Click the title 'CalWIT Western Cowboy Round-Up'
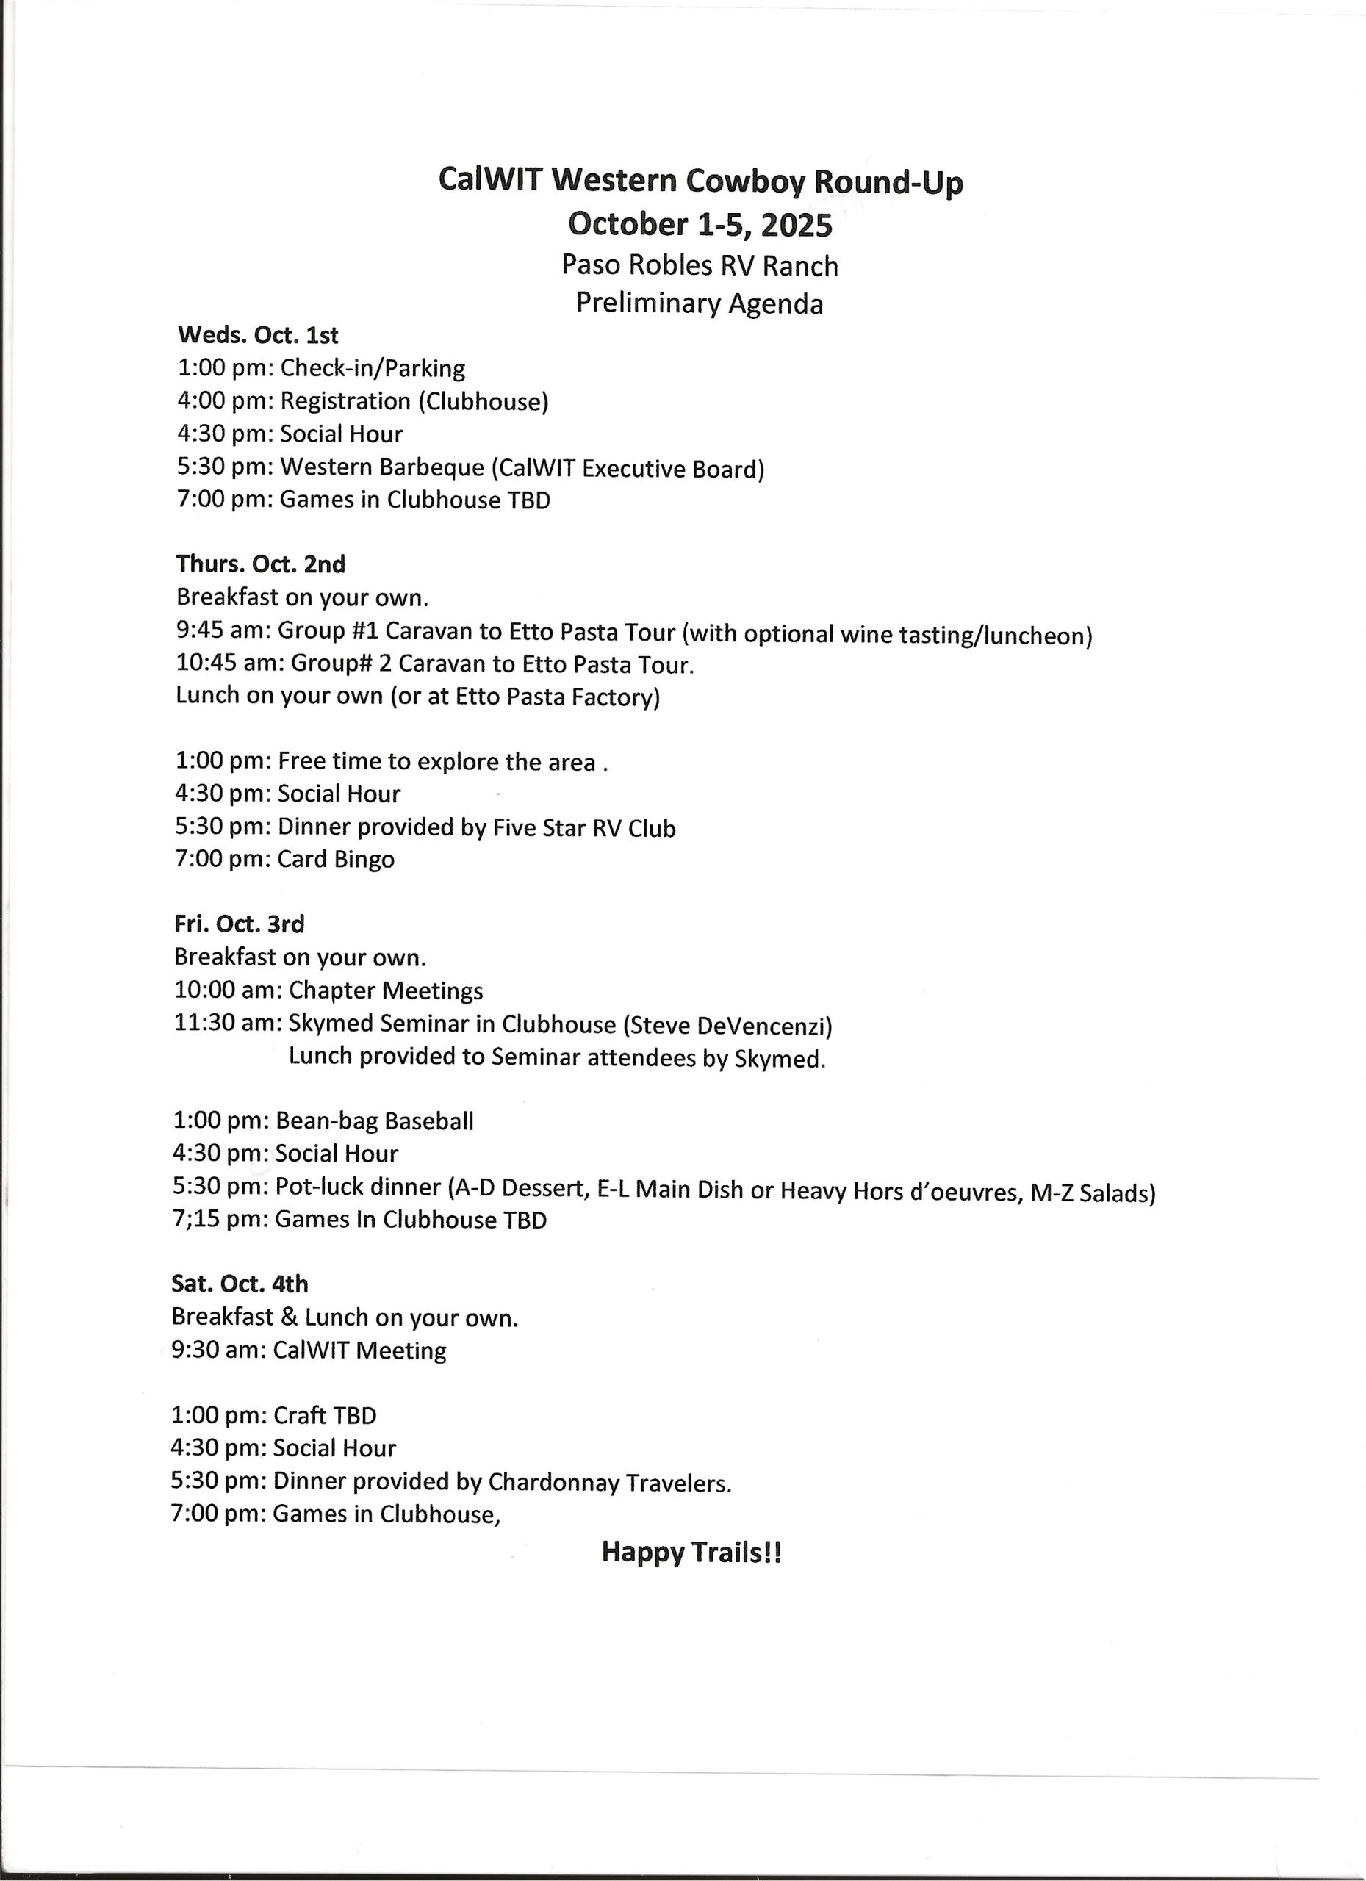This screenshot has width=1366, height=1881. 700,180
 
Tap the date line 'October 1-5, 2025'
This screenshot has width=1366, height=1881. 700,224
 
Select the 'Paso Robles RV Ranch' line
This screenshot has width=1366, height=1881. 700,265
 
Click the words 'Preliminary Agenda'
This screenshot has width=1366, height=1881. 700,303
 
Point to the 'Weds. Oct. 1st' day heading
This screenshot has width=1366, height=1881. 258,336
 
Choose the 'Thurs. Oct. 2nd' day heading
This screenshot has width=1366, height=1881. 260,565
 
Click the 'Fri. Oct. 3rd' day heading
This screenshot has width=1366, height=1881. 239,924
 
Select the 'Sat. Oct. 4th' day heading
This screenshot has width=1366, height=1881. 240,1284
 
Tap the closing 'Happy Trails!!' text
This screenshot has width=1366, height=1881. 691,1552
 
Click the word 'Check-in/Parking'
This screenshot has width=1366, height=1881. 373,368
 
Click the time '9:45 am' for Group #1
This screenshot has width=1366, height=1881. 219,631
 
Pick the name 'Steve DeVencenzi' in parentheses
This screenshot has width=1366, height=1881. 727,1026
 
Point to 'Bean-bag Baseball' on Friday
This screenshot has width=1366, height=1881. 374,1121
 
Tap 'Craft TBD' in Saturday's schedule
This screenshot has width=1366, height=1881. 324,1416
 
